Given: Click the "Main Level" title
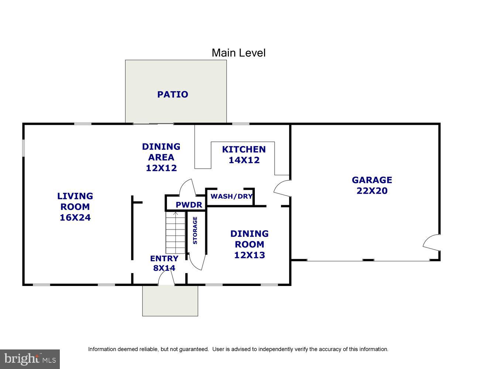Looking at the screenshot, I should pyautogui.click(x=238, y=53).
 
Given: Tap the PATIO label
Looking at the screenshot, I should pyautogui.click(x=172, y=94).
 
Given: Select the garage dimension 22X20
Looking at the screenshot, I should pyautogui.click(x=372, y=191).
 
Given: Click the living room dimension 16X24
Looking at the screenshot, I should pyautogui.click(x=75, y=218).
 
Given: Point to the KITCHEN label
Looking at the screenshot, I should pyautogui.click(x=244, y=149).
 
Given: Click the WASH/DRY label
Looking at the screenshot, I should pyautogui.click(x=231, y=196).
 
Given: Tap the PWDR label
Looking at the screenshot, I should pyautogui.click(x=189, y=205).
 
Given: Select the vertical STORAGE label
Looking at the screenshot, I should pyautogui.click(x=195, y=230).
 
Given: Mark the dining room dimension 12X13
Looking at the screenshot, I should pyautogui.click(x=250, y=255).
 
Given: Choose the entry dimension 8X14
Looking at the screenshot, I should pyautogui.click(x=164, y=268).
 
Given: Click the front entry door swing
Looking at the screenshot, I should pyautogui.click(x=166, y=280).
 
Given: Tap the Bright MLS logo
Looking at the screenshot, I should pyautogui.click(x=30, y=359).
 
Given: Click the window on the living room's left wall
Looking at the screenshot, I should pyautogui.click(x=23, y=148).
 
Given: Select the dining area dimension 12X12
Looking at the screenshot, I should pyautogui.click(x=161, y=168).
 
